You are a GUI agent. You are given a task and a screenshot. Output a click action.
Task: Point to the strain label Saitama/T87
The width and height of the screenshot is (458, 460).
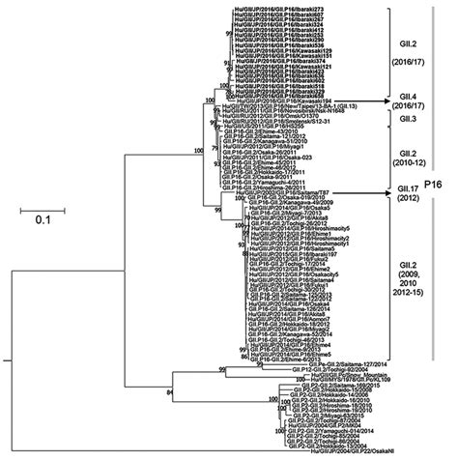271,192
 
